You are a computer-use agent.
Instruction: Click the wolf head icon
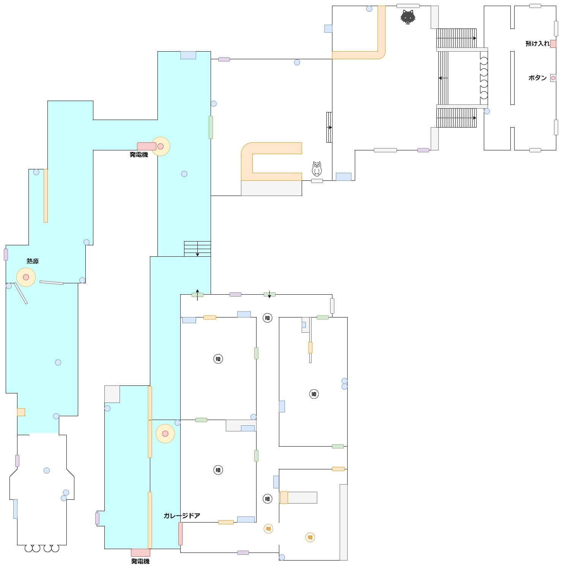tap(408, 17)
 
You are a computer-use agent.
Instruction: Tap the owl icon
tap(316, 169)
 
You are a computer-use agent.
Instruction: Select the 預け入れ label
tap(537, 44)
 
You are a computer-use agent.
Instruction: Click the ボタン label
tap(537, 78)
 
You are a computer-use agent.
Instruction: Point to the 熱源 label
tap(33, 261)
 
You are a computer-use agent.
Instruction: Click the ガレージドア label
tap(182, 516)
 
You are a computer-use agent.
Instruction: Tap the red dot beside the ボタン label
tap(553, 78)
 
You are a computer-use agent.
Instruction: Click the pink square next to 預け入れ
tap(553, 44)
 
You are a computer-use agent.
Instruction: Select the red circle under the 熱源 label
tap(26, 277)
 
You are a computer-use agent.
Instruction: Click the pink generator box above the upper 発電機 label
tap(146, 146)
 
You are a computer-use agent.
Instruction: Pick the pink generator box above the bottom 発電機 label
tap(140, 553)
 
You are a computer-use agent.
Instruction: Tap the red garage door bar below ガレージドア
tap(180, 534)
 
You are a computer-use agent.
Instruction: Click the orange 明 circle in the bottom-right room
tap(310, 537)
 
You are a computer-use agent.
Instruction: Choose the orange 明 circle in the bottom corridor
tap(268, 529)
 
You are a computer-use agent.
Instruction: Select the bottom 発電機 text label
tap(140, 561)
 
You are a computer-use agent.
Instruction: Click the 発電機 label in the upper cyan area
tap(139, 155)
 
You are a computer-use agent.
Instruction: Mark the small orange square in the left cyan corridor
tap(21, 412)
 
